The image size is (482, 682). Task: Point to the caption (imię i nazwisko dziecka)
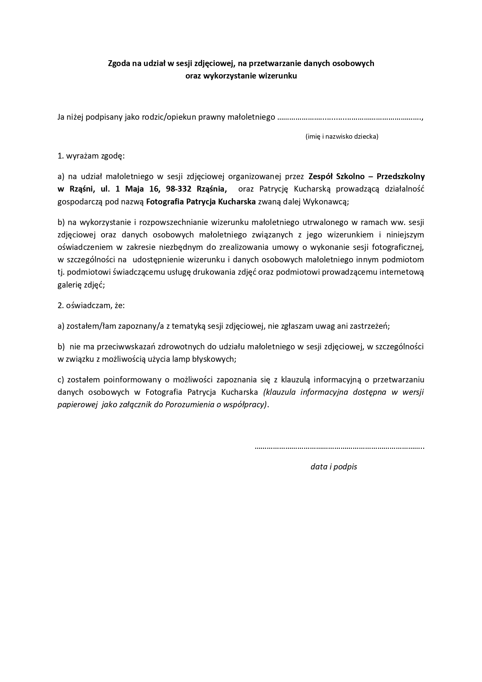point(342,136)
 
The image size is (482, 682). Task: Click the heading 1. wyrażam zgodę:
point(91,156)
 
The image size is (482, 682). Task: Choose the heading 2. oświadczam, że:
point(91,305)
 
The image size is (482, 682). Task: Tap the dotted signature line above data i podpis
point(339,448)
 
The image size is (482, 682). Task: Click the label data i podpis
point(334,467)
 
